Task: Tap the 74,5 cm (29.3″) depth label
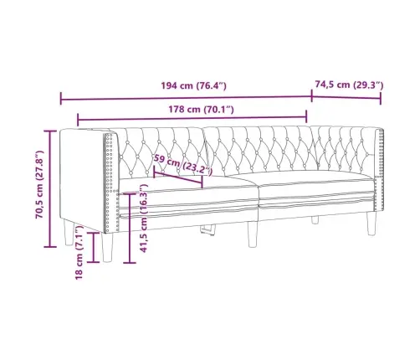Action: pos(348,85)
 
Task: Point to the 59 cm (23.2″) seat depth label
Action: pos(182,165)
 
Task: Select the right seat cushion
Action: pos(314,193)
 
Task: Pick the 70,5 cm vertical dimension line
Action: pos(49,188)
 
